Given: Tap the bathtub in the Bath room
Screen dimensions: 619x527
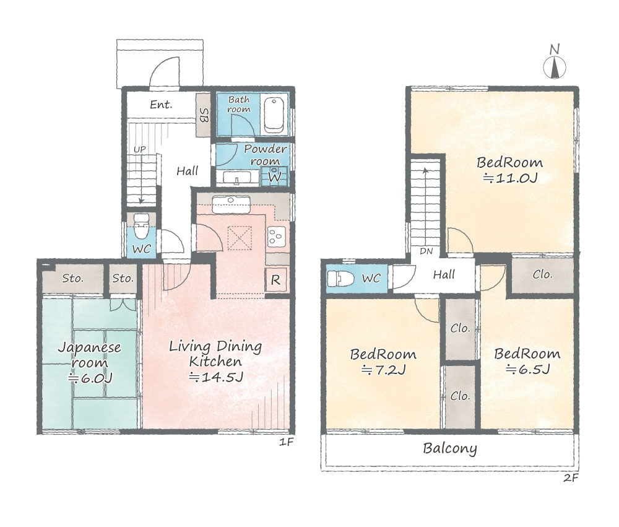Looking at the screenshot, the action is (x=274, y=115).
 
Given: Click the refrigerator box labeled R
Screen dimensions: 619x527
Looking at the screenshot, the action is (x=275, y=280).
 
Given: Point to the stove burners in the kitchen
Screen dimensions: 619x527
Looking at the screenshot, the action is (x=275, y=236).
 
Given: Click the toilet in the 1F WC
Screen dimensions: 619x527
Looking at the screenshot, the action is (x=140, y=226).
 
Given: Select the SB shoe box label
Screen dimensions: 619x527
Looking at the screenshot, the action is (x=204, y=115).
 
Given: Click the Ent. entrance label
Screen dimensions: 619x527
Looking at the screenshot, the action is (x=161, y=105).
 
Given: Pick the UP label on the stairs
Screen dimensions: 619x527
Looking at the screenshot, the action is (x=139, y=149).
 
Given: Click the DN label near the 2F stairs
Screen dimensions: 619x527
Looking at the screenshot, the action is (x=426, y=251).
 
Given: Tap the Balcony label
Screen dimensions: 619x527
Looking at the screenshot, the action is (x=450, y=448).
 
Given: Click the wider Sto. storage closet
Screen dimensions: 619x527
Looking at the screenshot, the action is (x=73, y=279).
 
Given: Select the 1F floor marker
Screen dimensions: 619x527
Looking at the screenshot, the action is (x=286, y=442).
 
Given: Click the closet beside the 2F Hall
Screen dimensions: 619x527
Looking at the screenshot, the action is (x=542, y=276).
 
